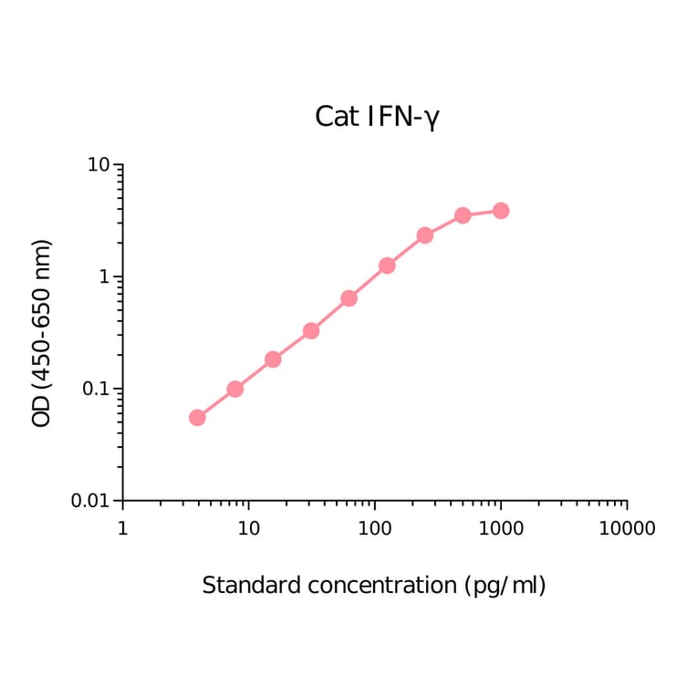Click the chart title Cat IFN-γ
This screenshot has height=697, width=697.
click(377, 117)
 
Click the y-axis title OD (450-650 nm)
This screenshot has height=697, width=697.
click(42, 333)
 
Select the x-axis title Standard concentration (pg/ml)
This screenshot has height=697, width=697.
click(373, 585)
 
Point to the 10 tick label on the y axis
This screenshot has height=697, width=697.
click(99, 165)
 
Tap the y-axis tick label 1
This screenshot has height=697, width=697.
click(104, 277)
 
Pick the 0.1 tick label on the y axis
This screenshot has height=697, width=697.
click(95, 390)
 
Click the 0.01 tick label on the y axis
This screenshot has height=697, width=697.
click(91, 501)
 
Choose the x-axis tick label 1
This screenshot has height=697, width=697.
click(122, 528)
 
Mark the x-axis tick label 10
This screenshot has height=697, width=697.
click(248, 528)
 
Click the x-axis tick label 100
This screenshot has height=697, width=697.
click(374, 528)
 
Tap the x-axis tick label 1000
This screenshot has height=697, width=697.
click(500, 528)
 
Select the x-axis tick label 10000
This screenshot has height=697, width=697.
click(626, 528)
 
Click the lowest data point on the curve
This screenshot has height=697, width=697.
click(197, 418)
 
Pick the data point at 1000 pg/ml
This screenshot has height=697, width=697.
click(501, 211)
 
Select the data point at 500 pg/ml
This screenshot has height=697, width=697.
click(463, 215)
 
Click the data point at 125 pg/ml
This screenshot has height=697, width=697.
click(387, 265)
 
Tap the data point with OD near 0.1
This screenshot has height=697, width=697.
click(234, 389)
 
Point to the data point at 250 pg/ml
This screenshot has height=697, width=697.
click(425, 235)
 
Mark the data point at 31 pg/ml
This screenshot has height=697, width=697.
click(311, 330)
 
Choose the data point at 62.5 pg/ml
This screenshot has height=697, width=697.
click(348, 298)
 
